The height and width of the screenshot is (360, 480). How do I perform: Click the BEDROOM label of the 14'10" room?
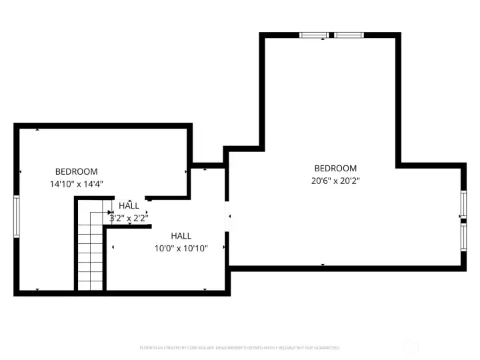(x=76, y=171)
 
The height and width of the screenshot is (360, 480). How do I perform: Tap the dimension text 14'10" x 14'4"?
(x=76, y=183)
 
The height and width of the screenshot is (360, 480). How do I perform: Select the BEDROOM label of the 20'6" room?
(x=335, y=169)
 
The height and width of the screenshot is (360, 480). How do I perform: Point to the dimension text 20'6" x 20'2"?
(x=335, y=181)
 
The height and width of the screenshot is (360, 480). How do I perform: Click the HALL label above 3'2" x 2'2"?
(x=129, y=206)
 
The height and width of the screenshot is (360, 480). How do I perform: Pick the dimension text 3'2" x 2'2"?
(x=129, y=217)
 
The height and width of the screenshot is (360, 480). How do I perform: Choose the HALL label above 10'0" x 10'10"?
(x=181, y=236)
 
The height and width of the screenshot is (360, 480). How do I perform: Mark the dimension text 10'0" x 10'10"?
(x=181, y=248)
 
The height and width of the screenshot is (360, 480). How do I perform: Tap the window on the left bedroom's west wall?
(x=17, y=216)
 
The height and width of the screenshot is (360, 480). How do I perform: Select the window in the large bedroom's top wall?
(x=331, y=35)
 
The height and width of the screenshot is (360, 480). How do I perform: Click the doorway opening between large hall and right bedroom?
(x=227, y=216)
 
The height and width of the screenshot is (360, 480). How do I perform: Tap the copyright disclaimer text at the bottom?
(x=239, y=347)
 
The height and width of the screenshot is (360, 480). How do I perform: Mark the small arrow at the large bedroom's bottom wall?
(x=323, y=265)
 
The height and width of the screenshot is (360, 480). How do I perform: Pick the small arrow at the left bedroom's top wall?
(x=37, y=128)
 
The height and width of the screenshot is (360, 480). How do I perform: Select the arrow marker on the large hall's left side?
(x=113, y=248)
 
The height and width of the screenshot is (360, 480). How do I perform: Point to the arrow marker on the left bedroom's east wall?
(x=186, y=171)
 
